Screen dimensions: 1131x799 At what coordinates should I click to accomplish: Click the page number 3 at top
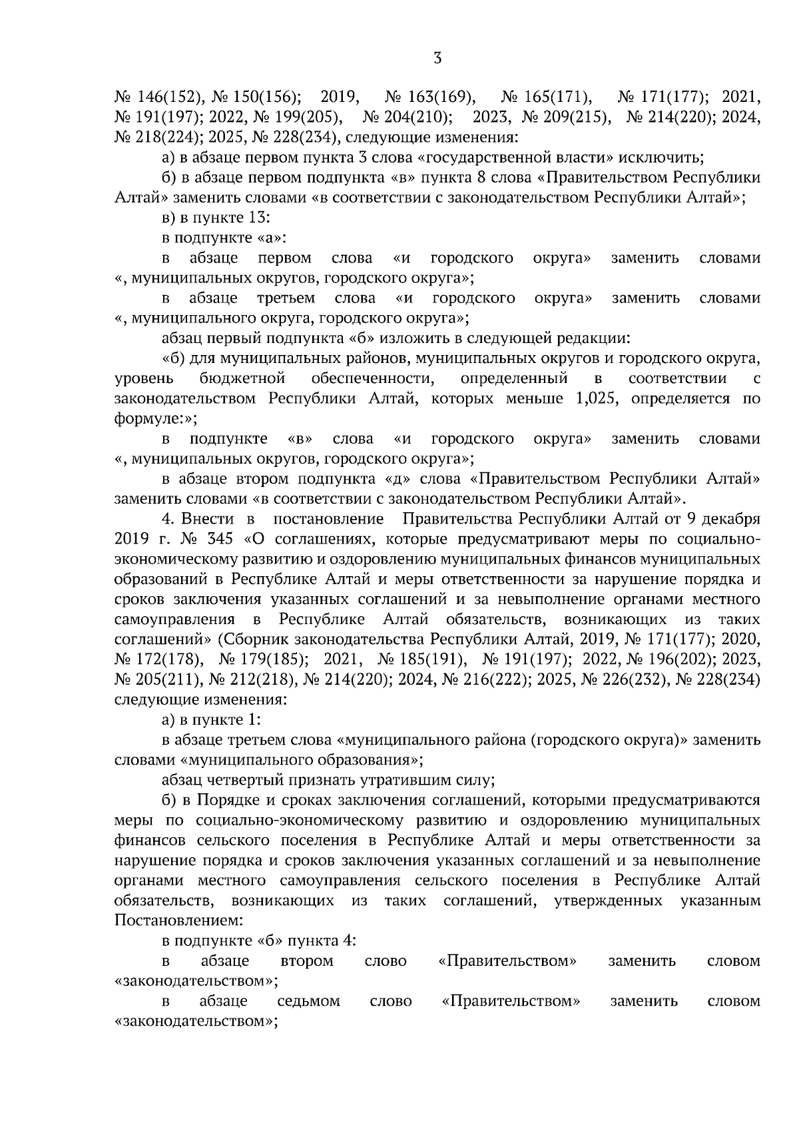coord(437,58)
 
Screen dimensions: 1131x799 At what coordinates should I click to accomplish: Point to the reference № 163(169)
coord(429,97)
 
